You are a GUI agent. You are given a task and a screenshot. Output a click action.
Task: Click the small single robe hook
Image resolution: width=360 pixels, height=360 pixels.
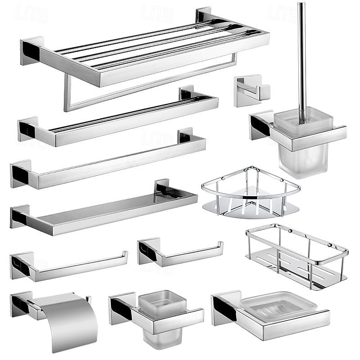pos(251,90)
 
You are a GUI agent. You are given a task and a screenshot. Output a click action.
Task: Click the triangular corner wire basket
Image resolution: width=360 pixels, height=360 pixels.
pos(250,193)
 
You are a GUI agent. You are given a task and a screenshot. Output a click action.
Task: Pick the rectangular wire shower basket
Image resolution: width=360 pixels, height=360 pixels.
pos(297,256)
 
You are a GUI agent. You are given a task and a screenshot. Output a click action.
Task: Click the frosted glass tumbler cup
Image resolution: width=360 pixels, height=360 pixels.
pos(162,315)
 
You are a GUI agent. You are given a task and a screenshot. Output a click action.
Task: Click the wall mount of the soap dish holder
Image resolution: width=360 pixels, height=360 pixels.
pos(223,308)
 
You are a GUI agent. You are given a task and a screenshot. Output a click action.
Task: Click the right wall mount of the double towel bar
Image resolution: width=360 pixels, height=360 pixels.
pos(186,94)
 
